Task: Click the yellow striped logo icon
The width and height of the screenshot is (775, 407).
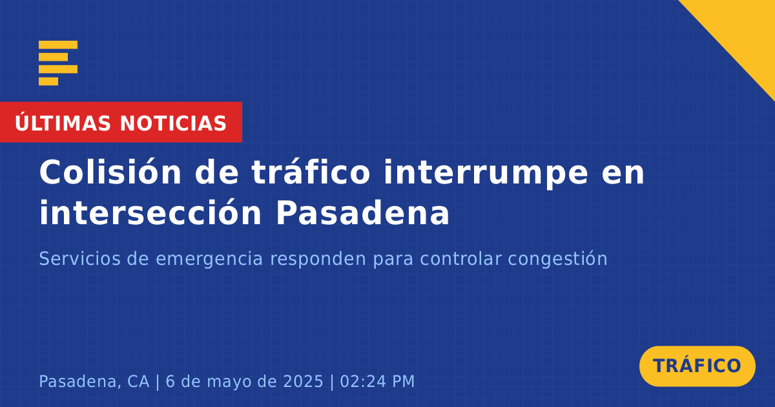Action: tap(58, 63)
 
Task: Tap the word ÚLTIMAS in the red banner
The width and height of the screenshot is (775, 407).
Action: tap(63, 122)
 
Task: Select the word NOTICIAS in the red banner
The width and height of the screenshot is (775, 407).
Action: tap(173, 123)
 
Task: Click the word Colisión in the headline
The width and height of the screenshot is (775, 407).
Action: tap(110, 172)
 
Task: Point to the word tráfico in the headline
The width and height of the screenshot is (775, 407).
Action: tap(311, 172)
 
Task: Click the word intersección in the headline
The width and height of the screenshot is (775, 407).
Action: tap(150, 212)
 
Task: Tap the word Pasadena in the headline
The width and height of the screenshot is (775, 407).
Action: tap(362, 212)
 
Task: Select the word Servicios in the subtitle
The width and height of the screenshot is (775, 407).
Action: tap(79, 258)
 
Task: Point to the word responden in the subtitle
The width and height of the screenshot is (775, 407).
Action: tap(318, 260)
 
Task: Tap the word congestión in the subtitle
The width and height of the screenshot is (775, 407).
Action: tap(557, 260)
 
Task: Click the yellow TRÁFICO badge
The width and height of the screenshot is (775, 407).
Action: tap(697, 366)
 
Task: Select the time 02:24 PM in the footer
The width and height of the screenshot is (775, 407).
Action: tap(377, 381)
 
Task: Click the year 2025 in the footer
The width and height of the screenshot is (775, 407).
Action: tap(303, 381)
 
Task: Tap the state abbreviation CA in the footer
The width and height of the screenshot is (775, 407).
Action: tap(138, 381)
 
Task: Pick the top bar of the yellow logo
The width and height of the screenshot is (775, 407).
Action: tap(58, 45)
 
